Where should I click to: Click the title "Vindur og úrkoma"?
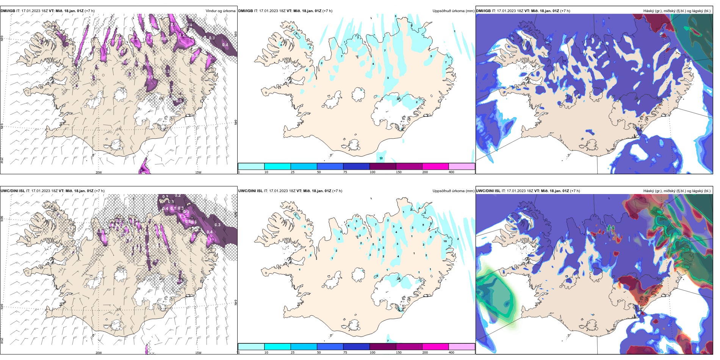pyautogui.click(x=220, y=11)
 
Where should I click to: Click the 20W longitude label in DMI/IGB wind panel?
pyautogui.click(x=99, y=172)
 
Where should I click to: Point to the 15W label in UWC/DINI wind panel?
pyautogui.click(x=198, y=353)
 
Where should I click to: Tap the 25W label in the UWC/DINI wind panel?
pyautogui.click(x=2, y=341)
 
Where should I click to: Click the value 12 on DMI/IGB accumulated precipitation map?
pyautogui.click(x=381, y=158)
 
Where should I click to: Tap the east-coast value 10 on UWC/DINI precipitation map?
pyautogui.click(x=445, y=241)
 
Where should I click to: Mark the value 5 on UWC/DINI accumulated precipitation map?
pyautogui.click(x=423, y=225)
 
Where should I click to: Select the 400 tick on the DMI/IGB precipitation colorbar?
pyautogui.click(x=451, y=172)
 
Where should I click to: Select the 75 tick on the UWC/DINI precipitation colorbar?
pyautogui.click(x=345, y=352)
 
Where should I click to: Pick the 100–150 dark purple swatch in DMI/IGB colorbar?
pyautogui.click(x=382, y=166)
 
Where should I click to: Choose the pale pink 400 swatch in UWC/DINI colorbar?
pyautogui.click(x=462, y=347)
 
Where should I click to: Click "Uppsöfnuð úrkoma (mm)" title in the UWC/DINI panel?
pyautogui.click(x=453, y=191)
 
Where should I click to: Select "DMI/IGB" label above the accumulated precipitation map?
pyautogui.click(x=245, y=11)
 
